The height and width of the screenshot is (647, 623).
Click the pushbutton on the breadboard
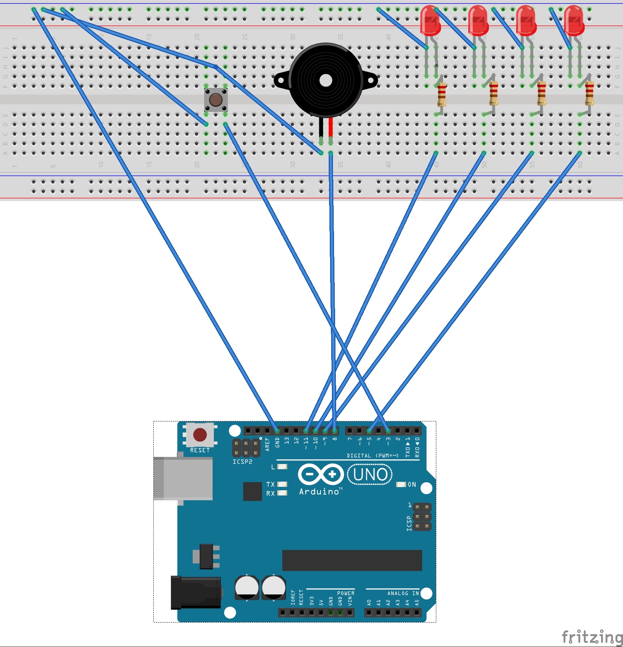(x=216, y=100)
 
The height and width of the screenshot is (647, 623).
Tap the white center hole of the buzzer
(x=326, y=81)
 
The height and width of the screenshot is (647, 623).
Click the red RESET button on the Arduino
(x=200, y=435)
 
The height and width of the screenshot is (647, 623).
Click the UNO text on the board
(x=370, y=475)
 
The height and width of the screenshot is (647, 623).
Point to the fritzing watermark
(x=592, y=637)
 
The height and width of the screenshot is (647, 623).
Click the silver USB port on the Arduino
(x=184, y=478)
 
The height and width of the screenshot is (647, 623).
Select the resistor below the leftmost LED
(x=442, y=94)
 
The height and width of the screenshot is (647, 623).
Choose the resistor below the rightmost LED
(x=589, y=93)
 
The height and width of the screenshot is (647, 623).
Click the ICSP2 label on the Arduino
(x=242, y=462)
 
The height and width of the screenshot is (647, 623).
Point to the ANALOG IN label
(x=403, y=593)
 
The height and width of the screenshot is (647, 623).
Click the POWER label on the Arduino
(x=346, y=593)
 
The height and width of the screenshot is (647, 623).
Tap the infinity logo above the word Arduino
(x=321, y=474)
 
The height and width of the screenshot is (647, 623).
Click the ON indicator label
(x=412, y=485)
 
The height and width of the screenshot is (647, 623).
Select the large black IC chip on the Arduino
(x=352, y=560)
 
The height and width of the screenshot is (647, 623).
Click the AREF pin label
(x=267, y=444)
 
